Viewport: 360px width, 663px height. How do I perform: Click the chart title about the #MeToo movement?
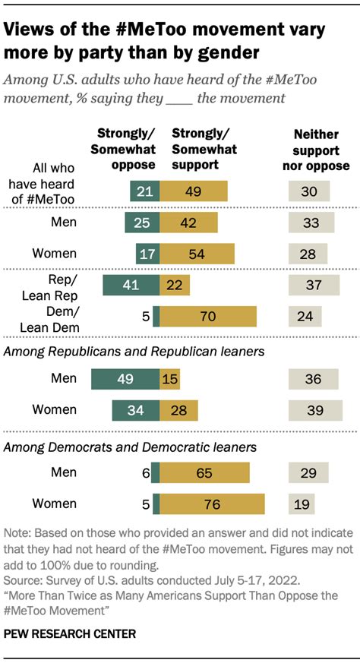pyautogui.click(x=165, y=43)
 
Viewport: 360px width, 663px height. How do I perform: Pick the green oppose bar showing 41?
pyautogui.click(x=130, y=284)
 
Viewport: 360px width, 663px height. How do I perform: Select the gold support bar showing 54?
pyautogui.click(x=197, y=253)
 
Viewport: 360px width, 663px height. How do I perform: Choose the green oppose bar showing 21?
pyautogui.click(x=144, y=191)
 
